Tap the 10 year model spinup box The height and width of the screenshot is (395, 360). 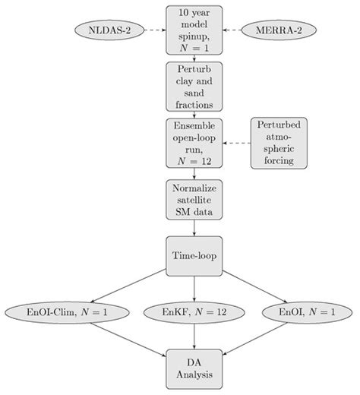click(195, 30)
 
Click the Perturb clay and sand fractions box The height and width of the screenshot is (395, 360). click(195, 86)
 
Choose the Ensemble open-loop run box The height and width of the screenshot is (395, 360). click(195, 142)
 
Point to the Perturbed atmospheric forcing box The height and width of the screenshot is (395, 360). click(279, 142)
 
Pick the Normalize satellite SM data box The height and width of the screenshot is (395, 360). click(195, 199)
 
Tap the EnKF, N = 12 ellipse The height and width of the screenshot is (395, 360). click(195, 311)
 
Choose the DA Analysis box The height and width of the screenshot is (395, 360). click(195, 367)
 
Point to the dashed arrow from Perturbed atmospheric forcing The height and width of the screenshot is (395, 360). click(237, 142)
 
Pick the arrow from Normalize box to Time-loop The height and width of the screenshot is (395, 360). click(195, 227)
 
